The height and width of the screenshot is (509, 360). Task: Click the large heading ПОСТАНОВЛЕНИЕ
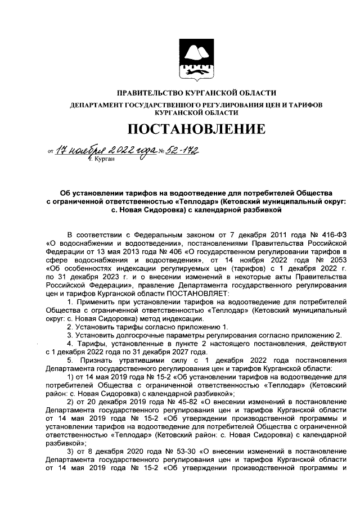click(x=196, y=130)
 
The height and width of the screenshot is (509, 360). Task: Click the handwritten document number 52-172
click(x=183, y=150)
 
